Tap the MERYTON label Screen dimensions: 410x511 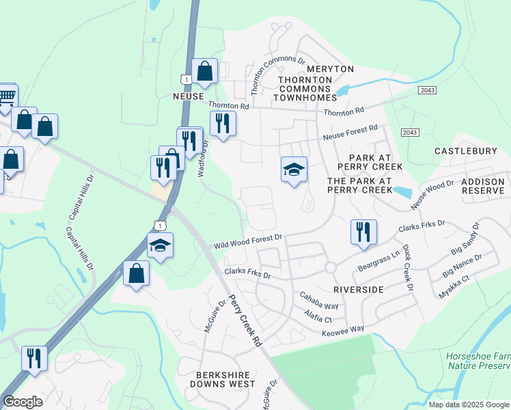[331, 69]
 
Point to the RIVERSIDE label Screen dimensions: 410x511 [359, 290]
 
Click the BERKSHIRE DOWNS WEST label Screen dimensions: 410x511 [222, 379]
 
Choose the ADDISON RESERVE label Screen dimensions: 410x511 [483, 186]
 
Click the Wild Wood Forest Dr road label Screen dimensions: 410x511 [247, 241]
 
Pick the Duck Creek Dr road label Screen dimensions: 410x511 [408, 268]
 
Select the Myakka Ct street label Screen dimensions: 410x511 [456, 286]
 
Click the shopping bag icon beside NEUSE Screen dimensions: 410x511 [205, 70]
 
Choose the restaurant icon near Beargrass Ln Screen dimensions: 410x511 [363, 232]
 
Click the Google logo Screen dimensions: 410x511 [23, 402]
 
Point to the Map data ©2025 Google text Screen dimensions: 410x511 [469, 405]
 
